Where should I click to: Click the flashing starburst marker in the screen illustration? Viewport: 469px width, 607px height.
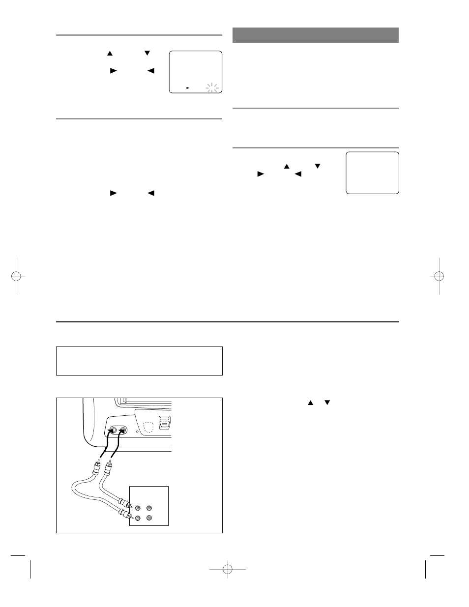pos(212,88)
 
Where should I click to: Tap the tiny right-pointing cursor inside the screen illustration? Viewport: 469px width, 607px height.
pos(187,87)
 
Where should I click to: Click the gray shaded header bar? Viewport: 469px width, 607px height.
pos(315,35)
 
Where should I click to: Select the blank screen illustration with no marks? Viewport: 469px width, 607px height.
pos(372,173)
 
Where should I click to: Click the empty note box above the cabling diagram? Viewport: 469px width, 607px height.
pos(139,361)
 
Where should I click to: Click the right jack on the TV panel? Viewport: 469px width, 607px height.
pos(122,431)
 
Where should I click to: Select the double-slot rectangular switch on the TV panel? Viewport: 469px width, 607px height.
pos(165,422)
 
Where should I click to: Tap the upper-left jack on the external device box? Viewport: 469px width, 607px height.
pos(138,508)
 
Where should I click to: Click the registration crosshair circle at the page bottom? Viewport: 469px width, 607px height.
pos(227,569)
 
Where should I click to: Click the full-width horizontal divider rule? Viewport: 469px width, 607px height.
pos(227,322)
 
